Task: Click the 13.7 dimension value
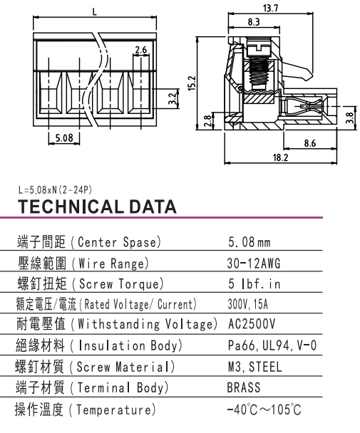(x=270, y=8)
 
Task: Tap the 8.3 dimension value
(x=254, y=22)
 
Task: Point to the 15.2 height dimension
(x=192, y=83)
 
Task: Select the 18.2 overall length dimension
(x=280, y=157)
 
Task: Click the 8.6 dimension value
(x=309, y=143)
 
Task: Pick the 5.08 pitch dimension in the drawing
(x=64, y=137)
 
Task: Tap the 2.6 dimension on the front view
(x=140, y=50)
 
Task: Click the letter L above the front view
(x=95, y=12)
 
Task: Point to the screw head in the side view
(x=259, y=48)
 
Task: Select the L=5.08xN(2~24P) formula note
(x=55, y=189)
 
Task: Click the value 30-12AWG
(x=254, y=264)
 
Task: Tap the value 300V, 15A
(x=248, y=304)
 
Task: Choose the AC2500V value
(x=252, y=324)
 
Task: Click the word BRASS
(x=244, y=387)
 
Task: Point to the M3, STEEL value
(x=255, y=367)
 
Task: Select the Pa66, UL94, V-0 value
(x=272, y=345)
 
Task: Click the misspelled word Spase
(x=140, y=242)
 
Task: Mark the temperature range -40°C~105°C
(x=264, y=409)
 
